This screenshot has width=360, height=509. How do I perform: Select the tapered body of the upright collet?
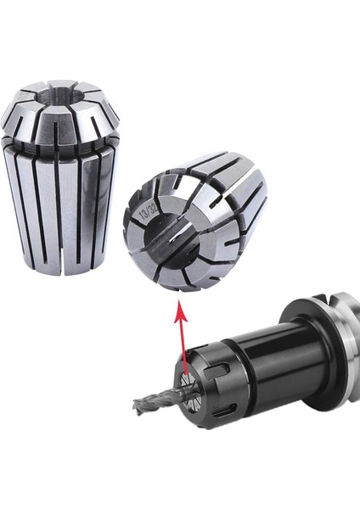[x=59, y=204]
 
